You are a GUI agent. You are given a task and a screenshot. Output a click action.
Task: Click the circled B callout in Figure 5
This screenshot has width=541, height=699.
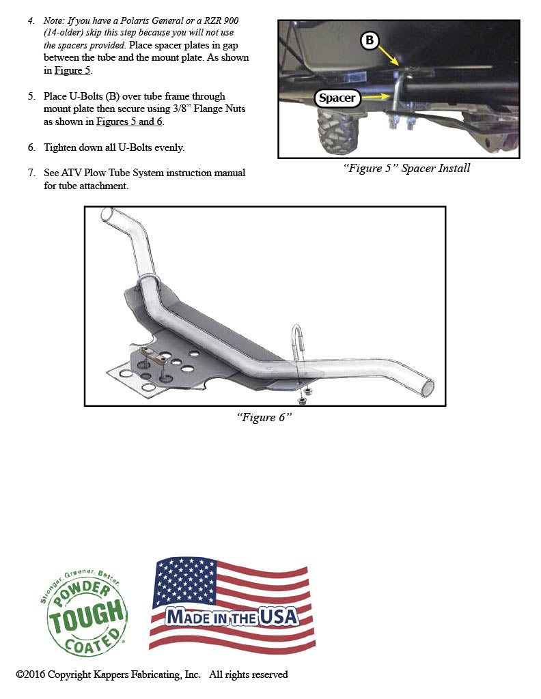click(370, 41)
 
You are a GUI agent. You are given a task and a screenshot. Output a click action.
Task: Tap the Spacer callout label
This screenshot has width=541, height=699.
click(337, 98)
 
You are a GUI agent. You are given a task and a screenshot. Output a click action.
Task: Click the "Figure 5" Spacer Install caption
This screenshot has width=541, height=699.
click(406, 169)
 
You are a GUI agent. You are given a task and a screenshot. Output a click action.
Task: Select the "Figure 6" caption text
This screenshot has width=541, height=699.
click(264, 417)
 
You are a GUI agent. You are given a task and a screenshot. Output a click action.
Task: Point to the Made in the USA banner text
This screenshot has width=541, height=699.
click(232, 617)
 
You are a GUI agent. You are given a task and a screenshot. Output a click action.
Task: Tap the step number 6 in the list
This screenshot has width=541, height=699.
click(31, 147)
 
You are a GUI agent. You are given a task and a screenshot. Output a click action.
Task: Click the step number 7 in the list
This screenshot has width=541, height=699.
click(31, 173)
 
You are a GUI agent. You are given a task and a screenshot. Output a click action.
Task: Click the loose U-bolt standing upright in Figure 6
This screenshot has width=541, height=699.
click(298, 341)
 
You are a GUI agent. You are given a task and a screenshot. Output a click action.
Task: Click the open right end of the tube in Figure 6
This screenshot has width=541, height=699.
click(428, 386)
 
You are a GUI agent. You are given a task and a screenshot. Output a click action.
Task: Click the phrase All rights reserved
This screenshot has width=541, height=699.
click(249, 674)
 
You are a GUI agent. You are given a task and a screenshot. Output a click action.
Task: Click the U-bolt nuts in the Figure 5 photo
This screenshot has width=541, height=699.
click(402, 124)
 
